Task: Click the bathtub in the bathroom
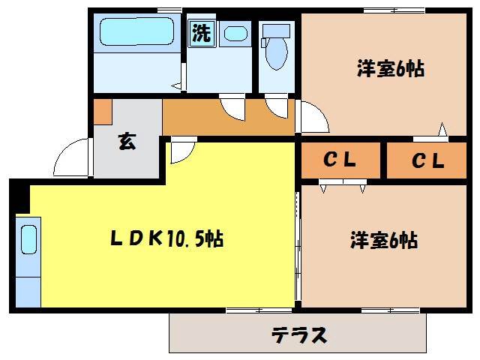[137, 34]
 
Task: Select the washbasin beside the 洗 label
[235, 34]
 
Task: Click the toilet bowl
[276, 55]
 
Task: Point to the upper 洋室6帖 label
[391, 70]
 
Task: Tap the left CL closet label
[340, 160]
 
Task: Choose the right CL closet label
[428, 160]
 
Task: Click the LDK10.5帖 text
[166, 239]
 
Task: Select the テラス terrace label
[298, 334]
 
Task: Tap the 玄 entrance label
[127, 142]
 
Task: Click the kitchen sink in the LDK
[28, 241]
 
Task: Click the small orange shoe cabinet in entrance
[103, 112]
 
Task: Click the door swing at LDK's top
[180, 152]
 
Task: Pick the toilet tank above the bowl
[276, 31]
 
